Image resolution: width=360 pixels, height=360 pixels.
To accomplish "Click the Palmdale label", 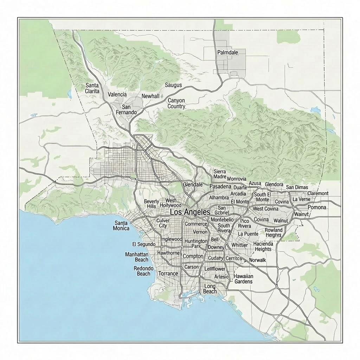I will (227, 52).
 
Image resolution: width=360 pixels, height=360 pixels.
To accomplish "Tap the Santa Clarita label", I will (92, 88).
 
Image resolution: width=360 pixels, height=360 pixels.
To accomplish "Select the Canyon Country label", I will (176, 103).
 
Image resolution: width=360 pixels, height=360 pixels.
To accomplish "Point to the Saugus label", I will (173, 85).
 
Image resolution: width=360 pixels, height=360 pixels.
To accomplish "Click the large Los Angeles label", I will (190, 212).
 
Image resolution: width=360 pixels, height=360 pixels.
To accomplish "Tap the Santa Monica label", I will (121, 225).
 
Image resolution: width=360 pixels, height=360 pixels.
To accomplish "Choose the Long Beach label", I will (210, 289).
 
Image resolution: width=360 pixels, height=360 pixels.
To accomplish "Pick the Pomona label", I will (317, 207).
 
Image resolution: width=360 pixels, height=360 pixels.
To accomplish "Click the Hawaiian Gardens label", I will (243, 279).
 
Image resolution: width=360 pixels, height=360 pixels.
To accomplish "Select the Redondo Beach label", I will (143, 271).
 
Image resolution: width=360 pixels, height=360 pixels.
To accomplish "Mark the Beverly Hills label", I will (152, 204).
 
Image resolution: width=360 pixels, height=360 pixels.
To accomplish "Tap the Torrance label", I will (168, 273).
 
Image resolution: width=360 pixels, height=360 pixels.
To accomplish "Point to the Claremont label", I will (318, 193).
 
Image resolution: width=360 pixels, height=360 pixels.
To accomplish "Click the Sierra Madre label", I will (220, 174).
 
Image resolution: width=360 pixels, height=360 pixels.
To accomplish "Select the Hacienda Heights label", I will (263, 246).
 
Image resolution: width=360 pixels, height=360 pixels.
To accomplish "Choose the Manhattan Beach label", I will (137, 257).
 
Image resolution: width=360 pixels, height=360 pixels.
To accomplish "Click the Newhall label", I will (150, 96).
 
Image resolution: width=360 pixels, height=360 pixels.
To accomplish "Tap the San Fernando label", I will (126, 109).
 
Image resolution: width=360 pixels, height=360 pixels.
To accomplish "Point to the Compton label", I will (193, 256).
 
